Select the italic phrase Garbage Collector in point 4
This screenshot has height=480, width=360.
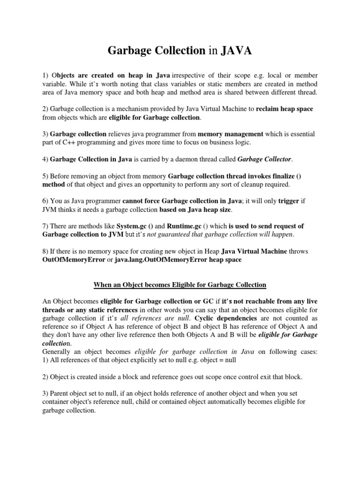click(265, 159)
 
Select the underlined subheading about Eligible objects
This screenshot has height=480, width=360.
click(180, 285)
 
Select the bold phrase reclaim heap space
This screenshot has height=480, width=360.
click(285, 109)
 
